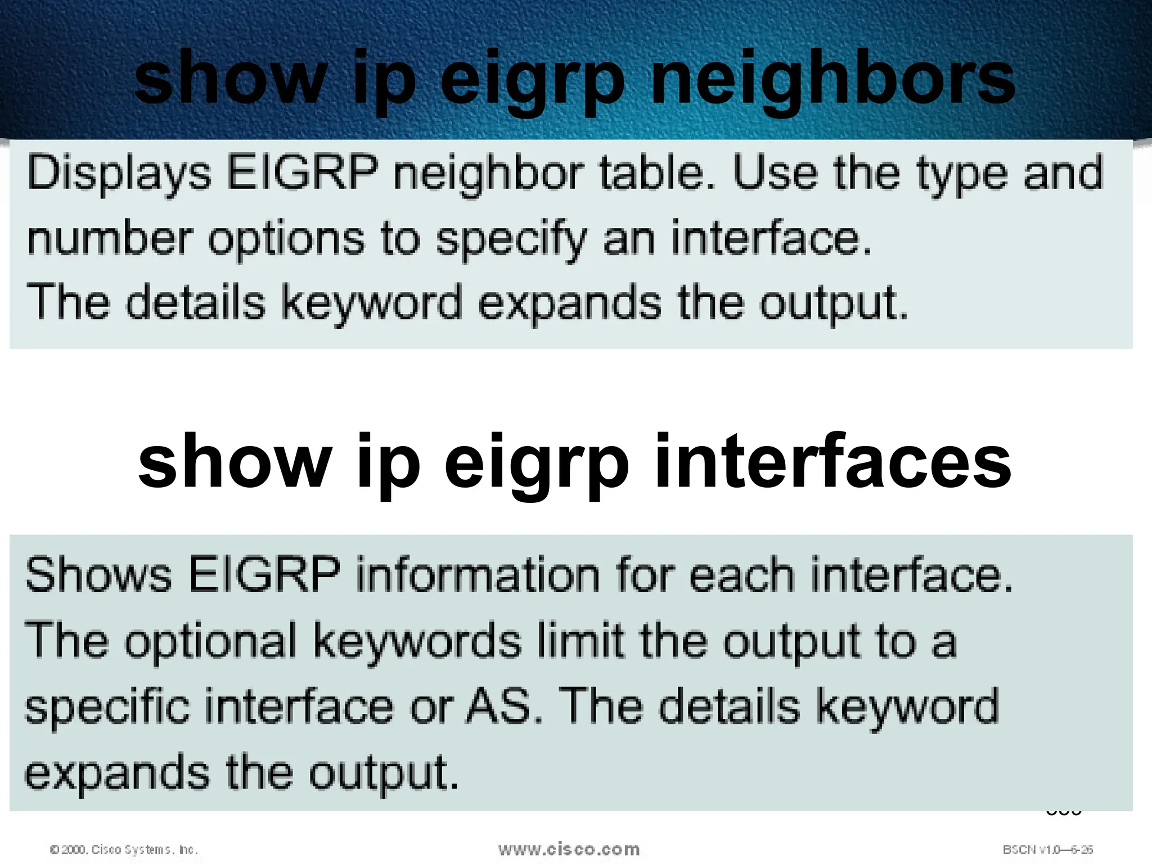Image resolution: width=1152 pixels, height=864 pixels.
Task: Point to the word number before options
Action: [110, 238]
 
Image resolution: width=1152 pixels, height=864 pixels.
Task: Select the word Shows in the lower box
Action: [98, 574]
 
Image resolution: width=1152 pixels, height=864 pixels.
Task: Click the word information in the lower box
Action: [478, 574]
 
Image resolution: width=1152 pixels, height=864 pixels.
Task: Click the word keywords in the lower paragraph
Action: [417, 641]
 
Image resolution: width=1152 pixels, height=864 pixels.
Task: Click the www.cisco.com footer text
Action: [569, 849]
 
